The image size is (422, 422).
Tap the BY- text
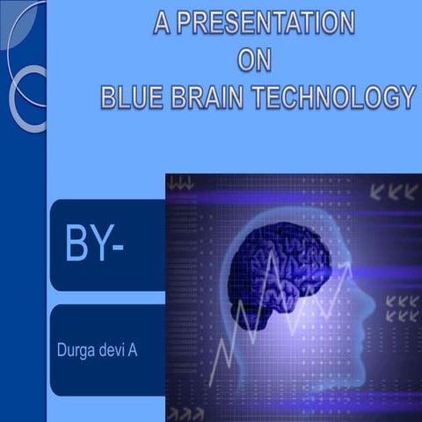94,245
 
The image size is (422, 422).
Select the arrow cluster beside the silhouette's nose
402,308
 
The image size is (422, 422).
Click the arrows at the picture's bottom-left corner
186,413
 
